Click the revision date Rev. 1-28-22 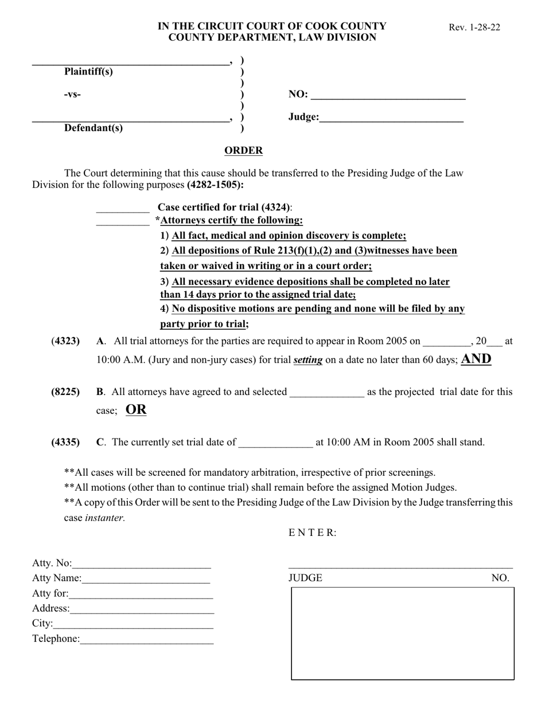coord(474,27)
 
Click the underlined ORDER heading coord(243,151)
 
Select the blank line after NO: coord(388,96)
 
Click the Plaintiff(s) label coord(88,72)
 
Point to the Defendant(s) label coord(93,128)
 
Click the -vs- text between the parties coord(72,95)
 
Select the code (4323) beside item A coord(65,341)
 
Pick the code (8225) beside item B coord(65,392)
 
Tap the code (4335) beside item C coord(65,442)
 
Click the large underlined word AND coord(476,359)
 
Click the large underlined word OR coord(136,410)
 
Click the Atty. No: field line coord(142,565)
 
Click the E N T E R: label coord(312,532)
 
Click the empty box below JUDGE coord(403,633)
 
